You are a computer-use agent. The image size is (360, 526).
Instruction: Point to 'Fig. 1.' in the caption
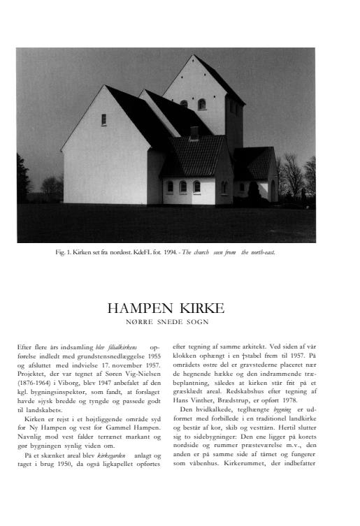pos(64,252)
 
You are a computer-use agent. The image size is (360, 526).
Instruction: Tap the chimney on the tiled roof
pos(194,131)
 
